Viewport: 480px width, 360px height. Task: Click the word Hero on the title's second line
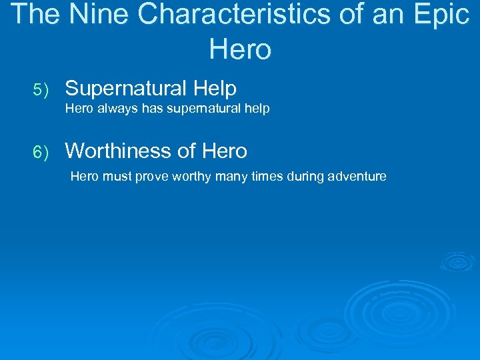point(240,49)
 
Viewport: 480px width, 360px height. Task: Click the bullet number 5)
point(41,89)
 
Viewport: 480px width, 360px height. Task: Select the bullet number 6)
point(41,152)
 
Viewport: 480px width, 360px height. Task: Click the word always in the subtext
point(116,109)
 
